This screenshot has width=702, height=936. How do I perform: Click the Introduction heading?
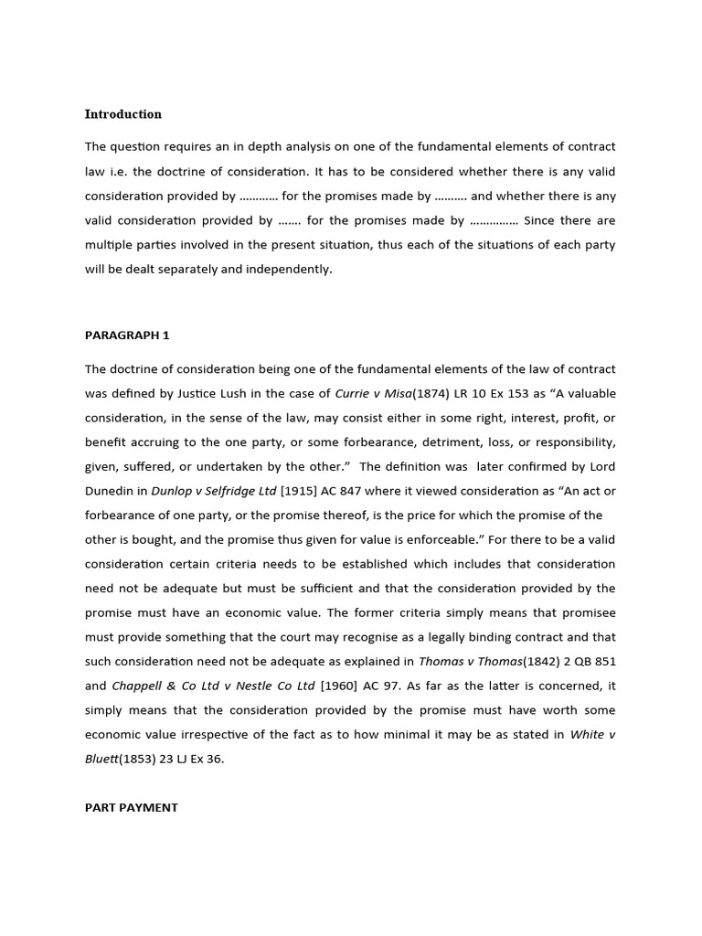coord(122,114)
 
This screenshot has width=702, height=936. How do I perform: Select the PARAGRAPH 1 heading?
coord(127,335)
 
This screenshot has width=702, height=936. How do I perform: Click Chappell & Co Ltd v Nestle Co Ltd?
coord(212,685)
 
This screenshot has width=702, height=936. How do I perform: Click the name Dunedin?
coord(112,490)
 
